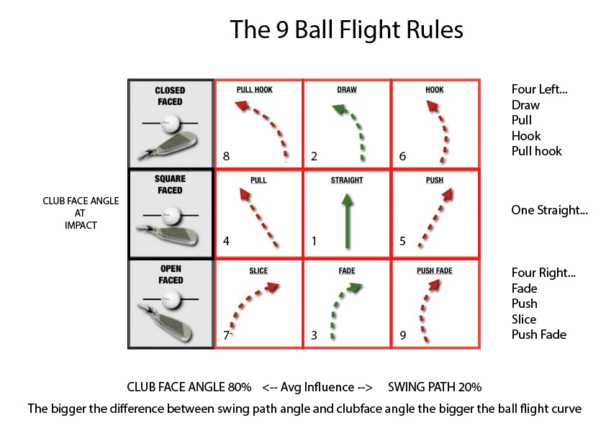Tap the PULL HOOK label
pyautogui.click(x=258, y=91)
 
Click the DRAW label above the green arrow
pyautogui.click(x=347, y=91)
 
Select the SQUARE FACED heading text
pyautogui.click(x=170, y=186)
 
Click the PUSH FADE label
pyautogui.click(x=435, y=271)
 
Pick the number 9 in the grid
pyautogui.click(x=403, y=335)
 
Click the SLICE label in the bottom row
pyautogui.click(x=258, y=271)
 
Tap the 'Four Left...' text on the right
pyautogui.click(x=540, y=90)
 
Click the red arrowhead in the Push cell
pyautogui.click(x=448, y=193)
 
